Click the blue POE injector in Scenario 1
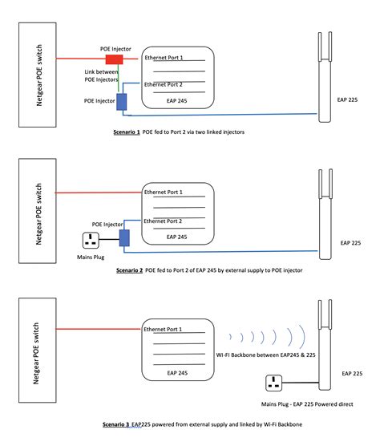122,101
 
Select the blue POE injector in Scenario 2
123,237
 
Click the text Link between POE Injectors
103,76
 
